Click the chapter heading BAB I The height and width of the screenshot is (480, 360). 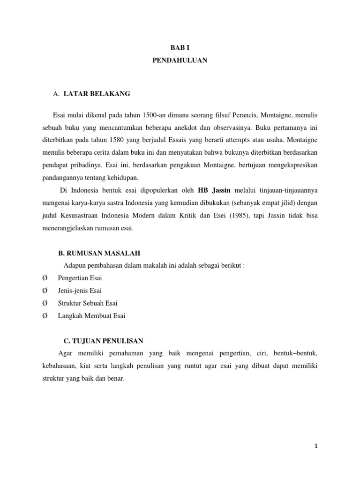pos(180,48)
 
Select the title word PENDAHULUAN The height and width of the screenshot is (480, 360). pos(180,60)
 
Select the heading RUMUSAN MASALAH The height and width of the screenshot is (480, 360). pos(99,253)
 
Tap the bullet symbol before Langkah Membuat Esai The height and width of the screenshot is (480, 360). pos(45,316)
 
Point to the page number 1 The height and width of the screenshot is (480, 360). pos(316,447)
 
